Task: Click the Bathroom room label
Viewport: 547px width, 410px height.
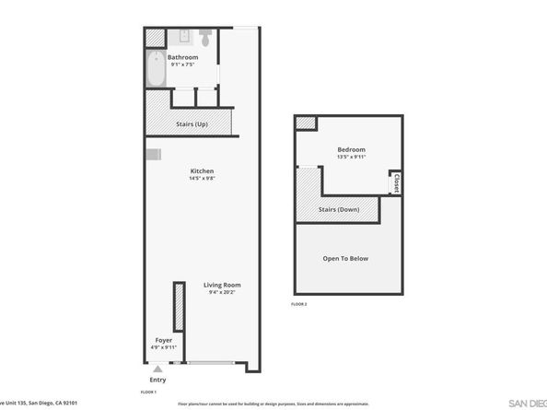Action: pyautogui.click(x=182, y=57)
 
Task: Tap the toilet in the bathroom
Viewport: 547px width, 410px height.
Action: pyautogui.click(x=205, y=39)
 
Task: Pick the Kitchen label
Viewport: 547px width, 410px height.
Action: pyautogui.click(x=203, y=171)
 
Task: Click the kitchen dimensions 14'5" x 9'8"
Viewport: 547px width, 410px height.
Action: pyautogui.click(x=203, y=179)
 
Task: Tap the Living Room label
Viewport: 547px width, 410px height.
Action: pyautogui.click(x=222, y=285)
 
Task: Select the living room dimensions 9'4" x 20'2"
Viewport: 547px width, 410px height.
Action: pyautogui.click(x=222, y=292)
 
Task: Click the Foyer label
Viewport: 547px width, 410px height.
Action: pyautogui.click(x=163, y=340)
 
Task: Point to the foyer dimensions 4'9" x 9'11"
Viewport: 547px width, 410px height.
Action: pyautogui.click(x=163, y=347)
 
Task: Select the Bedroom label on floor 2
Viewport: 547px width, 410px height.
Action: pyautogui.click(x=351, y=149)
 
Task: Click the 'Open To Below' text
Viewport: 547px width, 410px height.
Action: pyautogui.click(x=345, y=258)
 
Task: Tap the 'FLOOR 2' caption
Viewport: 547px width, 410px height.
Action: pyautogui.click(x=298, y=303)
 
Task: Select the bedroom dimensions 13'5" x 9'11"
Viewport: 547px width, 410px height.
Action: pyautogui.click(x=351, y=157)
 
